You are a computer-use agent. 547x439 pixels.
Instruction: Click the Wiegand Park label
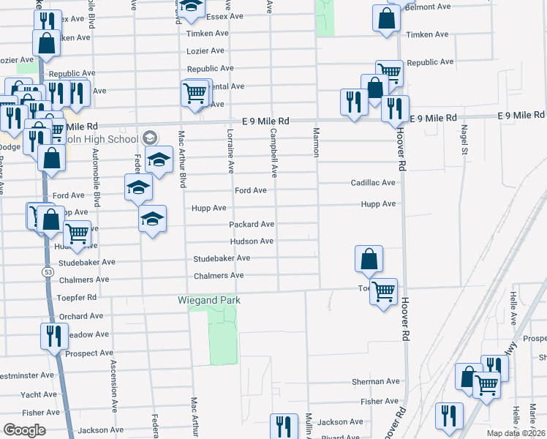pyautogui.click(x=209, y=300)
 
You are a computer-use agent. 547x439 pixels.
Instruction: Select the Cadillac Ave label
pyautogui.click(x=373, y=182)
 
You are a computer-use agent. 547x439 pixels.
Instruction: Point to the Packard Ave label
pyautogui.click(x=252, y=224)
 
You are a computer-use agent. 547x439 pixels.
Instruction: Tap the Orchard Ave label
pyautogui.click(x=81, y=316)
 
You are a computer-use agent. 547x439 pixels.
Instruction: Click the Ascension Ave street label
pyautogui.click(x=113, y=386)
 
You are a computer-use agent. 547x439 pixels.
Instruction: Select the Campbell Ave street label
pyautogui.click(x=274, y=154)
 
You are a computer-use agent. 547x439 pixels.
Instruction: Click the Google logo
pyautogui.click(x=24, y=429)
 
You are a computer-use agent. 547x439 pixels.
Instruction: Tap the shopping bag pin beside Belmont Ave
pyautogui.click(x=386, y=18)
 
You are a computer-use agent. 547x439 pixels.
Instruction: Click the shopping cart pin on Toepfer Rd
pyautogui.click(x=384, y=291)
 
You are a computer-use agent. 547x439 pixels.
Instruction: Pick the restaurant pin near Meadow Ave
pyautogui.click(x=53, y=336)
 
